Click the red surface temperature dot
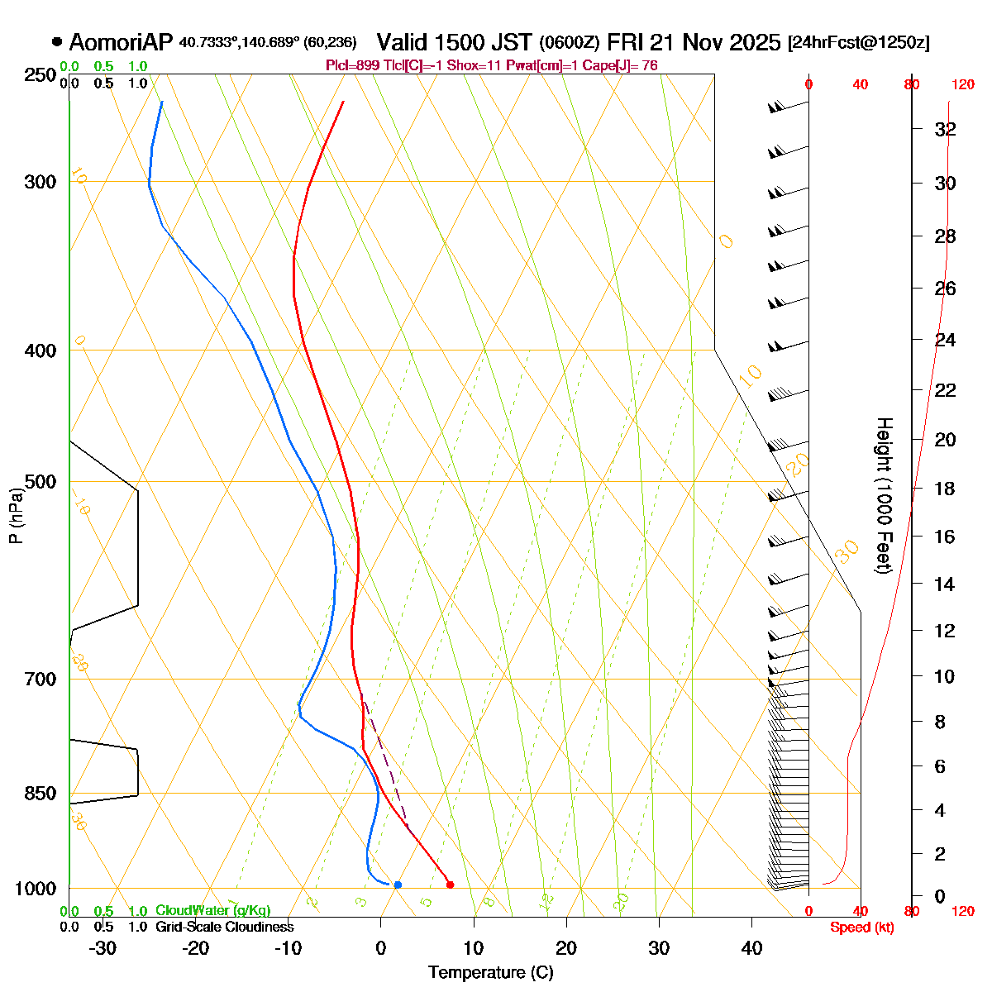click(x=450, y=885)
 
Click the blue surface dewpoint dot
click(x=398, y=885)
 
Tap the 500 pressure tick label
click(x=41, y=482)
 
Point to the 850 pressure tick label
click(x=41, y=794)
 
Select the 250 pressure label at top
click(x=41, y=75)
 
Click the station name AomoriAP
click(x=121, y=42)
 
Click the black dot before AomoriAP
click(x=57, y=41)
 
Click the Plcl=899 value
click(x=355, y=65)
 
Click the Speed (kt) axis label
click(x=862, y=928)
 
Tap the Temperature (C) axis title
click(x=490, y=972)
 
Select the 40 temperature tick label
click(x=751, y=948)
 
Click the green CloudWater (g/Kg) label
click(x=212, y=910)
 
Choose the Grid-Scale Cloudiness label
click(x=224, y=927)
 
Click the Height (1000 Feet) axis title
click(x=884, y=496)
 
